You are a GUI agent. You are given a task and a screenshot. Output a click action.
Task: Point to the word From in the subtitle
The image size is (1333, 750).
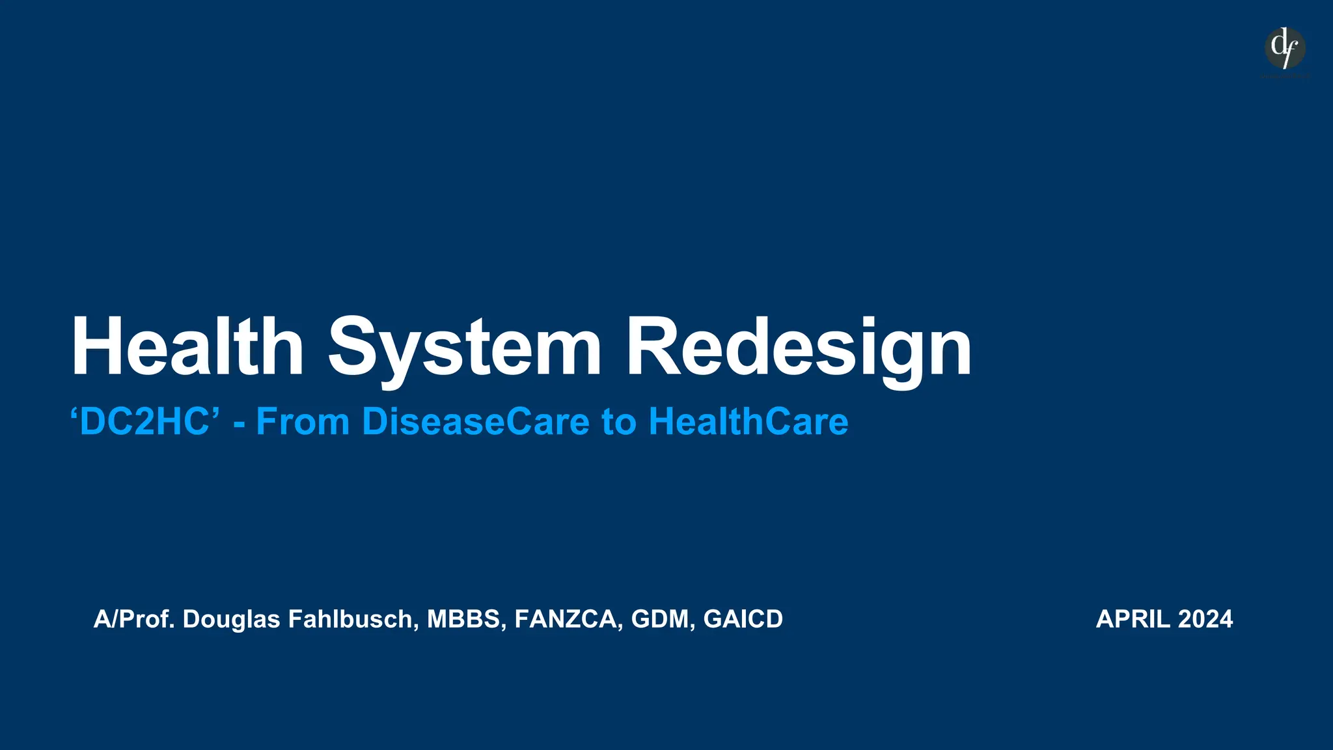click(303, 421)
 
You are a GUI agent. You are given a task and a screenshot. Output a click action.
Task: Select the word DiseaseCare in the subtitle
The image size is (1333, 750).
click(476, 421)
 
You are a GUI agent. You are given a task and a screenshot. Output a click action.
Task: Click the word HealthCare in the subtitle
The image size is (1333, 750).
click(749, 421)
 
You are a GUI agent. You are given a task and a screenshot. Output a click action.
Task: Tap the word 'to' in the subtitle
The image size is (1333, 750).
click(618, 422)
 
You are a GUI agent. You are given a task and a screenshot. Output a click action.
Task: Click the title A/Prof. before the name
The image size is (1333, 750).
click(134, 619)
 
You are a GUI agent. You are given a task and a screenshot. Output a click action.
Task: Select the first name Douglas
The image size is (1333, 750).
click(231, 619)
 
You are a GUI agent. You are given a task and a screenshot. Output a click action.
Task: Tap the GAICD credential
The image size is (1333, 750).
click(743, 619)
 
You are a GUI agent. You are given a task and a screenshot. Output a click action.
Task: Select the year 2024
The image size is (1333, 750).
click(1205, 619)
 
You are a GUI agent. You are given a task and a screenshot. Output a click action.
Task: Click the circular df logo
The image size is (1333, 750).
click(1285, 48)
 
